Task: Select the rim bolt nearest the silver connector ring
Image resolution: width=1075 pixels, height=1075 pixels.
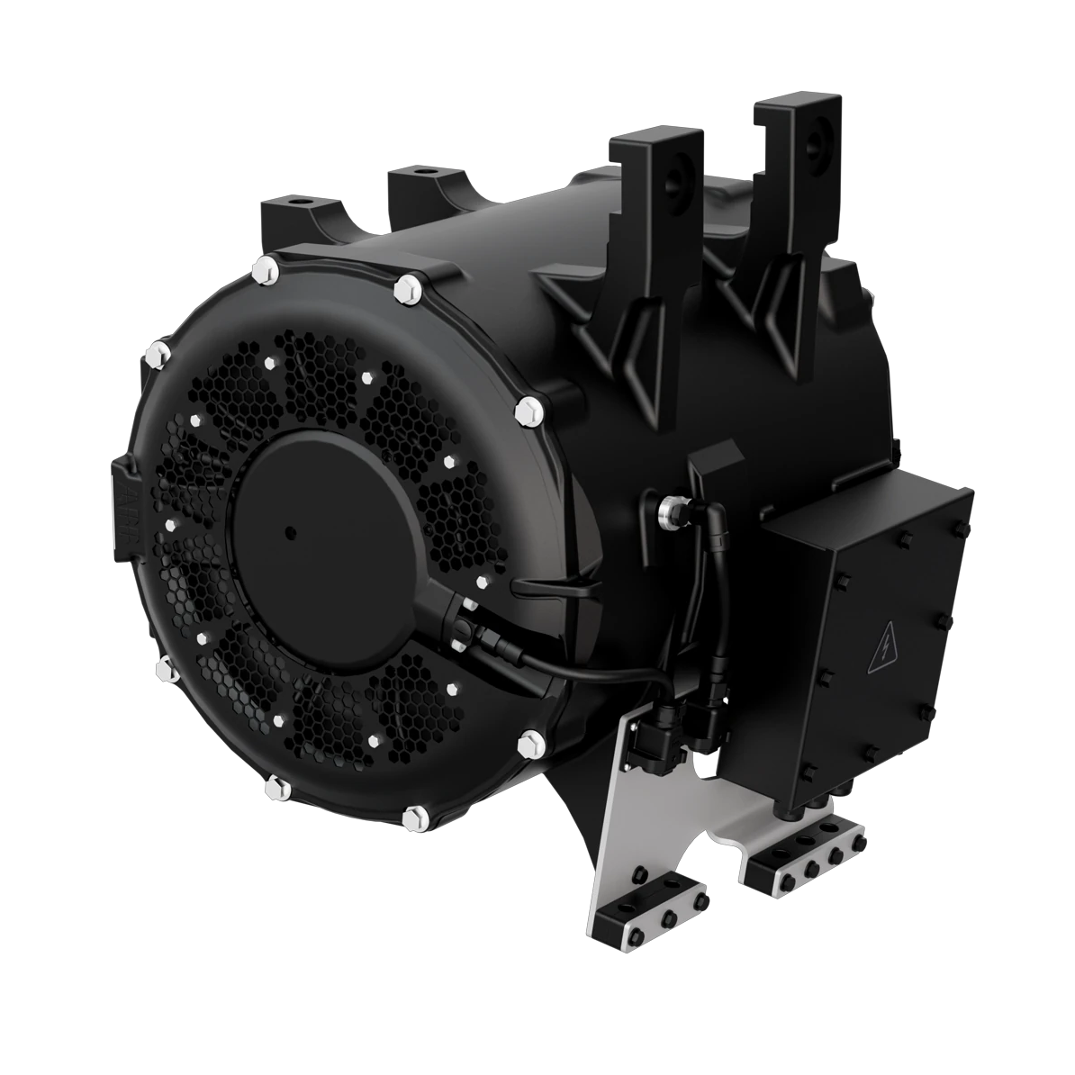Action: (x=528, y=411)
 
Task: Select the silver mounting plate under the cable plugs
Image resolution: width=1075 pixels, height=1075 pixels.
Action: (x=630, y=801)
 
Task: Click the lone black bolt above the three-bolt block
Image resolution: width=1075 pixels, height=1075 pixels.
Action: (x=638, y=874)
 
